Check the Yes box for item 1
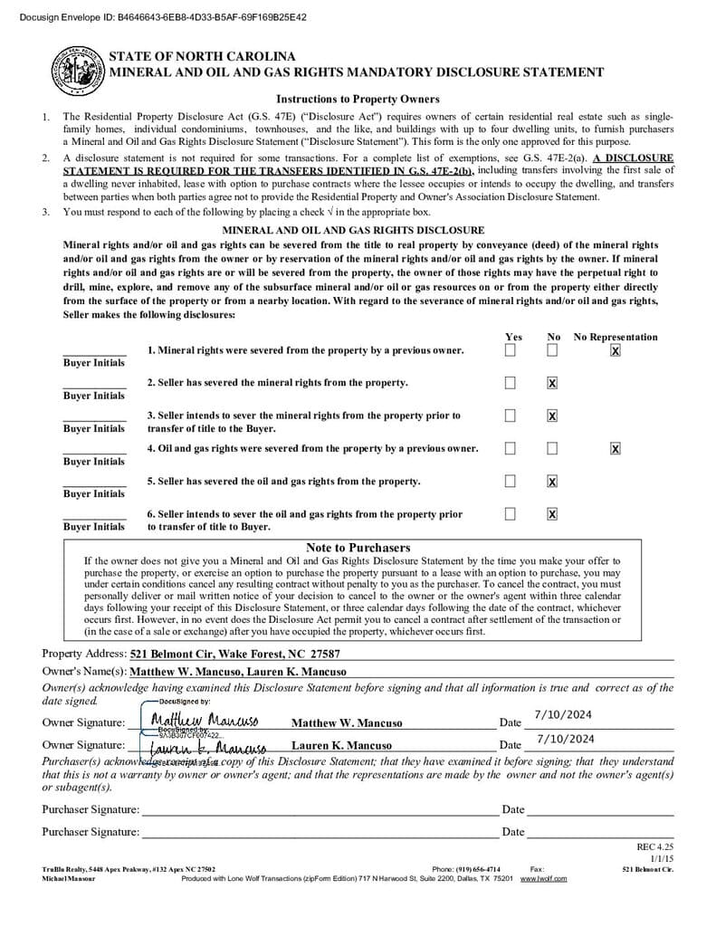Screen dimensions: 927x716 click(511, 350)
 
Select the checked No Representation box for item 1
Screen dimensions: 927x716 click(616, 350)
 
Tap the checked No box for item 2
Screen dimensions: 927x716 click(552, 383)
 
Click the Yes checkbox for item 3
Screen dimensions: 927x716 click(511, 416)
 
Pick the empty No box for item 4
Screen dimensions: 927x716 click(552, 448)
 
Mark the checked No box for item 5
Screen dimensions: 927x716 click(552, 481)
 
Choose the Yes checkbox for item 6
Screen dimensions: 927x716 click(511, 514)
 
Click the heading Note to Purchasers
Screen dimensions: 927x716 click(358, 548)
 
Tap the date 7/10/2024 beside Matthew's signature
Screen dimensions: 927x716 click(563, 715)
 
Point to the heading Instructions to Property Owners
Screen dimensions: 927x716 click(358, 100)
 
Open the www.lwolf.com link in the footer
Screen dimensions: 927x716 click(543, 878)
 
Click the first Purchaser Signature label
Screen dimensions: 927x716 click(91, 809)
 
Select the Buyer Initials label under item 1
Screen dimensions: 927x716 click(94, 363)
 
